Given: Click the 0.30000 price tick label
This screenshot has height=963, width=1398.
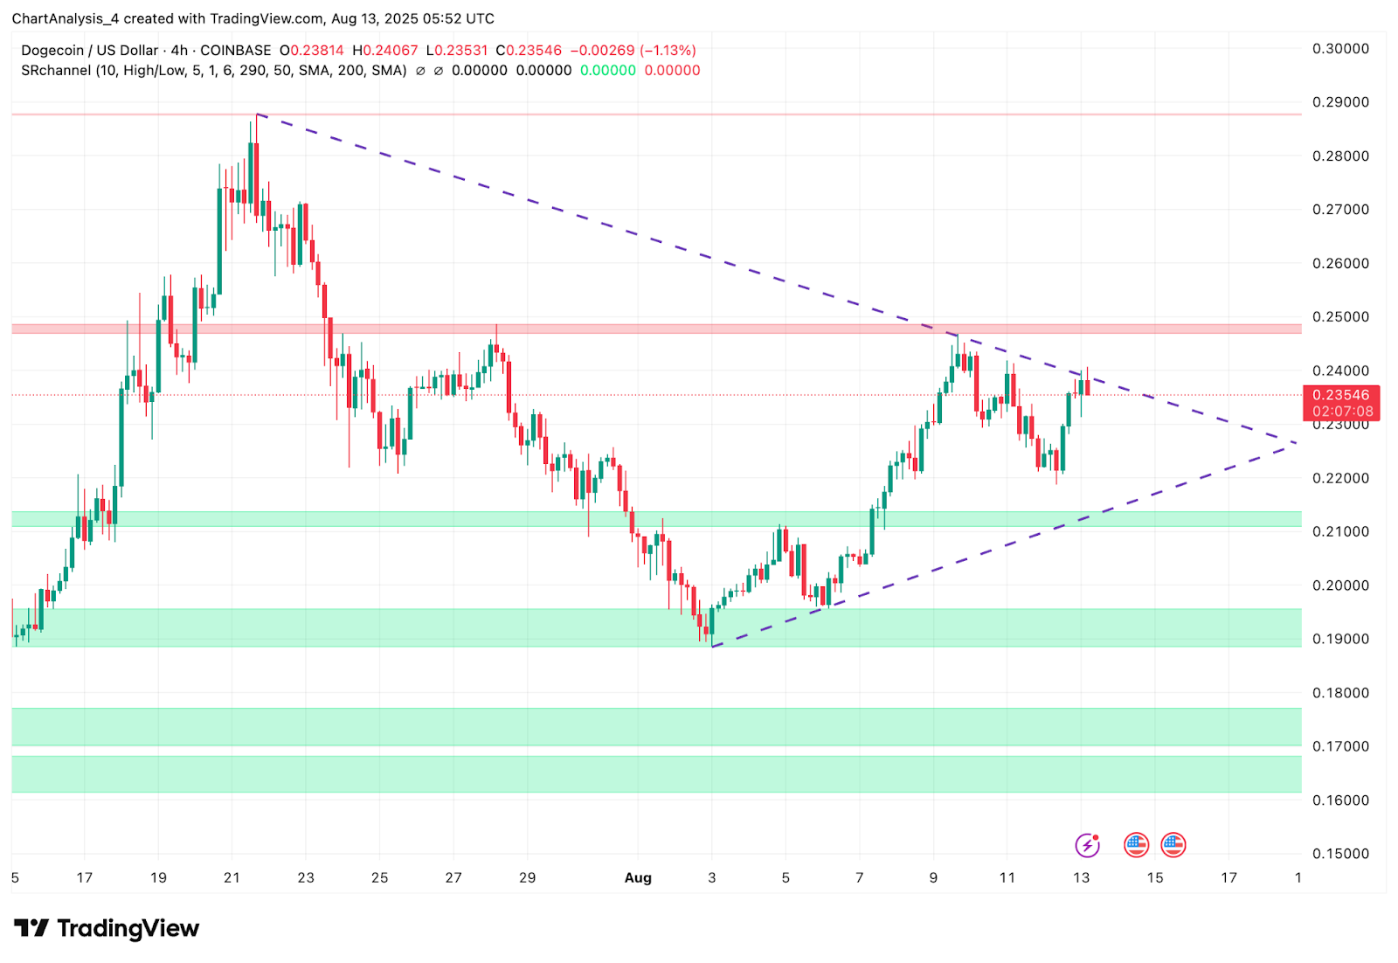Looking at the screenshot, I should [1340, 49].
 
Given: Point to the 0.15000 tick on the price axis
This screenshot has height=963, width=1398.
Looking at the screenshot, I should [1340, 854].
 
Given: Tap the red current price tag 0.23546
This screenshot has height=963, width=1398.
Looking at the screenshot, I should [1340, 396].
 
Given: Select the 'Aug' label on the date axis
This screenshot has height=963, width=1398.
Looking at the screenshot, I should [638, 877].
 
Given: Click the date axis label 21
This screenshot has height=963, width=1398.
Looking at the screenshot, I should [232, 877].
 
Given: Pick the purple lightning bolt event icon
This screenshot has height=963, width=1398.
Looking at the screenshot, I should [1087, 845].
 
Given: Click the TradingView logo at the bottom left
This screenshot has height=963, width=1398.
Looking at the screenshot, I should [107, 928].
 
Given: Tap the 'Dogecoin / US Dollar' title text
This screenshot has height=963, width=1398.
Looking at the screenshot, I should [90, 51].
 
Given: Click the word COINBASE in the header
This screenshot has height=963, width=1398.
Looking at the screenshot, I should [235, 51].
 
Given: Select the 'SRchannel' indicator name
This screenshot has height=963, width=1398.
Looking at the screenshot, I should [56, 71].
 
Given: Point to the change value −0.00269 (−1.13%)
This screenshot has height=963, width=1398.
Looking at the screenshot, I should [633, 51].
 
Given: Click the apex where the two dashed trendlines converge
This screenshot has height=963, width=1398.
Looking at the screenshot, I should [1296, 444].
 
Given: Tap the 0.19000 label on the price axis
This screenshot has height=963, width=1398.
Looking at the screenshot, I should [1340, 639].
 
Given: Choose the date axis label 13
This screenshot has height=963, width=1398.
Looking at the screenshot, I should [1081, 877].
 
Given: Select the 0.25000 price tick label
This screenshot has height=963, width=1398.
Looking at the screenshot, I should [1340, 317].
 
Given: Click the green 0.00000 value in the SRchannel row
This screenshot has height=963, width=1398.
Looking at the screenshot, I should [608, 71].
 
